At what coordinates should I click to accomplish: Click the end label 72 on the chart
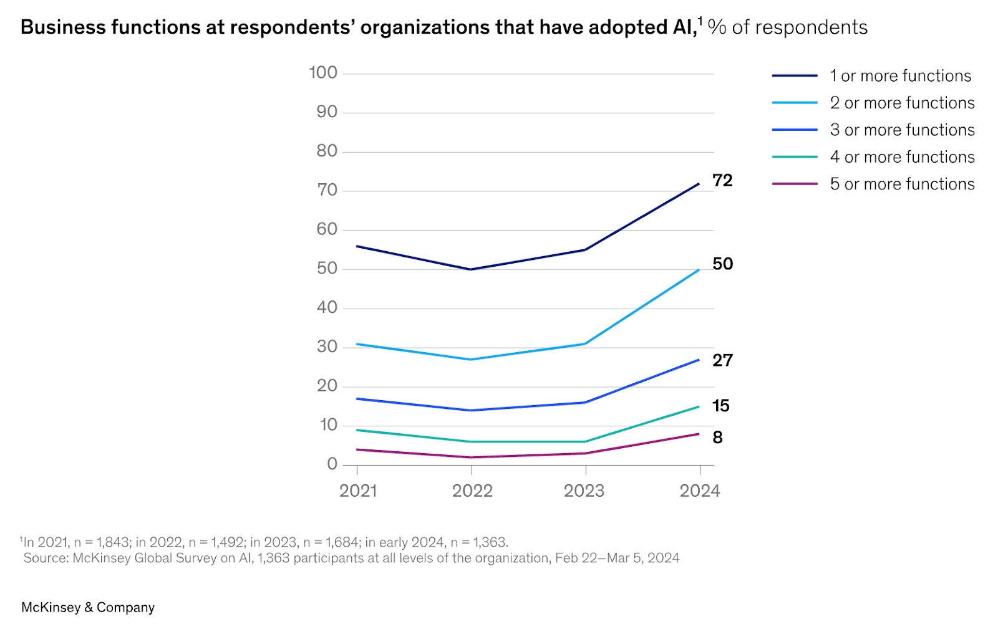tap(722, 181)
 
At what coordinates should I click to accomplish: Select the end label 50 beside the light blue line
tap(722, 264)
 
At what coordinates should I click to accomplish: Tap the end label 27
tap(722, 361)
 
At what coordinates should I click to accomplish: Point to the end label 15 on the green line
tap(720, 406)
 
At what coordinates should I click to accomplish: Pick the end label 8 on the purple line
tap(718, 438)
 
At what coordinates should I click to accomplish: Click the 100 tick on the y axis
tap(323, 73)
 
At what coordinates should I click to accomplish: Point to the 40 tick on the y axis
tap(327, 308)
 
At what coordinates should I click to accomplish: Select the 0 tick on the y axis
tap(332, 464)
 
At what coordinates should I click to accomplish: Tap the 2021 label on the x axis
tap(358, 491)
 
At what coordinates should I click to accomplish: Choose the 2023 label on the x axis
tap(584, 491)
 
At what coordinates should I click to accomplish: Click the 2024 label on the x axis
tap(700, 491)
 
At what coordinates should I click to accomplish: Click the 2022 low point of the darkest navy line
tap(471, 269)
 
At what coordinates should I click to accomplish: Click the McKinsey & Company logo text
tap(88, 608)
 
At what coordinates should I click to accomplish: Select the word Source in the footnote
tap(46, 558)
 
